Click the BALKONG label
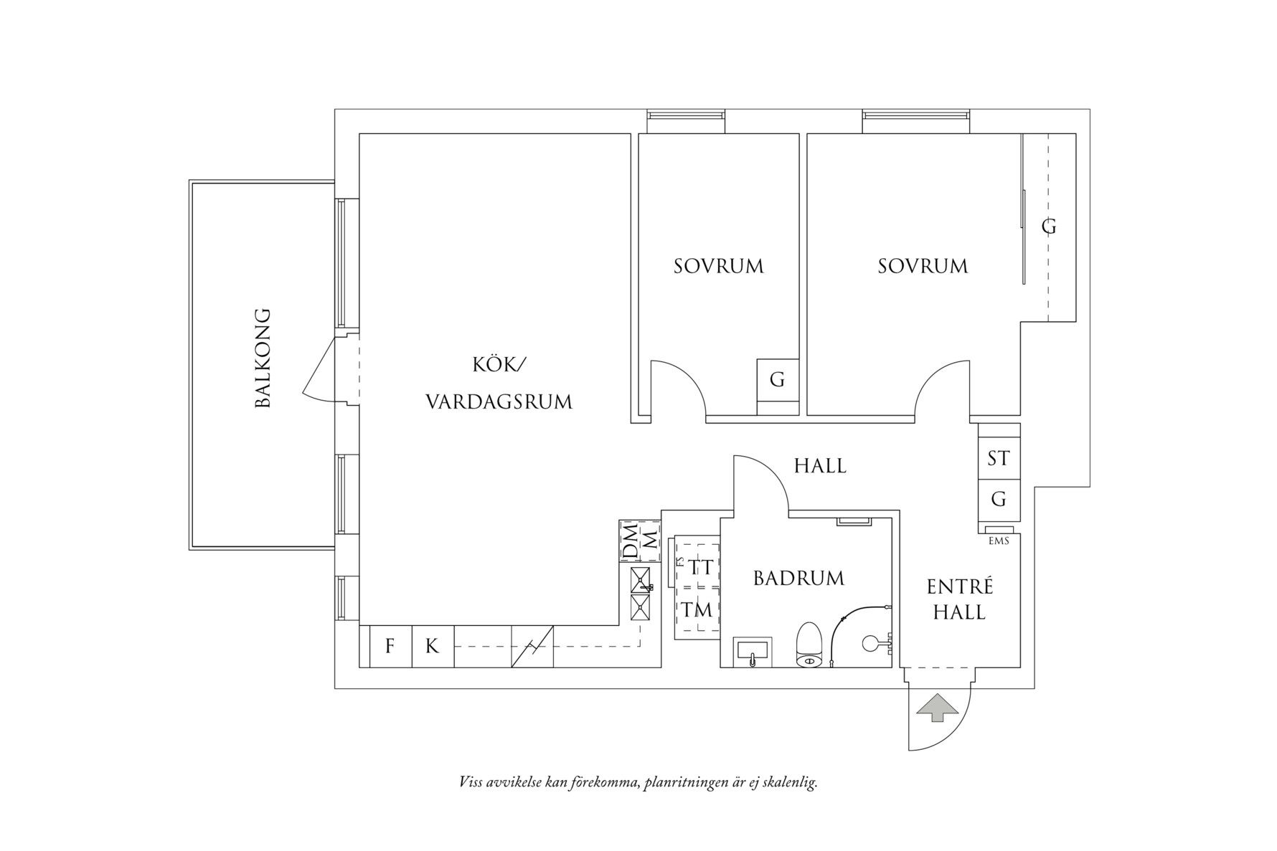263,358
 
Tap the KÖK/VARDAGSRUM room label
499,384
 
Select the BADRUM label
798,579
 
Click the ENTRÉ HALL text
960,599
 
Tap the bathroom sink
753,652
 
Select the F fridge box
390,647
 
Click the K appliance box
432,647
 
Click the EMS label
999,541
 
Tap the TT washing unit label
701,568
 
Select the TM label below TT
697,610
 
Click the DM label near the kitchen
630,543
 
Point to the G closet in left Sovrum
778,379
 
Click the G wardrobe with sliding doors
1049,227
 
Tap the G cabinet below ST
999,499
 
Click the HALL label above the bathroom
820,466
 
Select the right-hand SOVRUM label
923,267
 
